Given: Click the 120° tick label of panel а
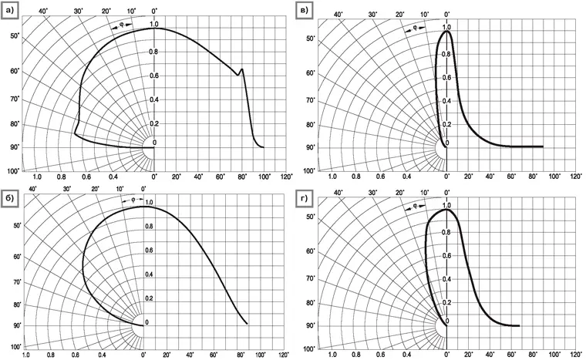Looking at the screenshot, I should pyautogui.click(x=287, y=177).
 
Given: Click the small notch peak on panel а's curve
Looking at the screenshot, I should pyautogui.click(x=242, y=69).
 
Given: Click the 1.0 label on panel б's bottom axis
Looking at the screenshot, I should pyautogui.click(x=27, y=355).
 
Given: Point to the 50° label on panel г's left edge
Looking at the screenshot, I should pyautogui.click(x=311, y=218).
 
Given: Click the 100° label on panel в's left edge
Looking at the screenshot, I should pyautogui.click(x=310, y=170).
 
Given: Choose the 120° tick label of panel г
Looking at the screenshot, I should pyautogui.click(x=574, y=355).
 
